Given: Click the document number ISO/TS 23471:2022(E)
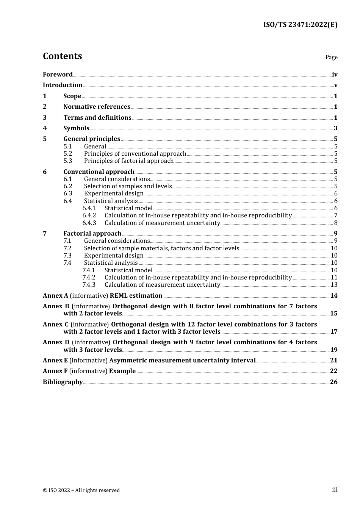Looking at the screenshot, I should pyautogui.click(x=300, y=25).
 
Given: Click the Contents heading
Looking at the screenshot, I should pyautogui.click(x=62, y=56).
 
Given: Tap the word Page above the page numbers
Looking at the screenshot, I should pyautogui.click(x=331, y=57).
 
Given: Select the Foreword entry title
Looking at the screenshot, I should pyautogui.click(x=58, y=75).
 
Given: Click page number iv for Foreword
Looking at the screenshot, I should pyautogui.click(x=335, y=75).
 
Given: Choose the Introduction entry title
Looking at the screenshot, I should pyautogui.click(x=63, y=85).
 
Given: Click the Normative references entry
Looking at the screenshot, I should pyautogui.click(x=97, y=107).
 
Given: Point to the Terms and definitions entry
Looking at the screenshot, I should pyautogui.click(x=97, y=118).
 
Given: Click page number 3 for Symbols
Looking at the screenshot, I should pyautogui.click(x=335, y=128).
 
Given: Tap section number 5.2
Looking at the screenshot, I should pyautogui.click(x=67, y=154).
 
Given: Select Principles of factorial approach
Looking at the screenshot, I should pyautogui.click(x=129, y=161).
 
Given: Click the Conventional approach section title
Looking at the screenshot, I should pyautogui.click(x=99, y=172).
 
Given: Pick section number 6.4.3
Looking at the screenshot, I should pyautogui.click(x=89, y=223).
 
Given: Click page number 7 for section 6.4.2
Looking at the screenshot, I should pyautogui.click(x=335, y=215).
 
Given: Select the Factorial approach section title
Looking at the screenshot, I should pyautogui.click(x=92, y=234).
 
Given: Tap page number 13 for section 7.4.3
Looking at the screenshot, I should pyautogui.click(x=334, y=285).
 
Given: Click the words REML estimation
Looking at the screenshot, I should pyautogui.click(x=136, y=296).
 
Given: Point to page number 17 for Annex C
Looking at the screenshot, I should pyautogui.click(x=334, y=332).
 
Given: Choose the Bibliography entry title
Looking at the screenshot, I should pyautogui.click(x=63, y=382).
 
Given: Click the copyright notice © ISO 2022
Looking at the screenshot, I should pyautogui.click(x=81, y=490).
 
